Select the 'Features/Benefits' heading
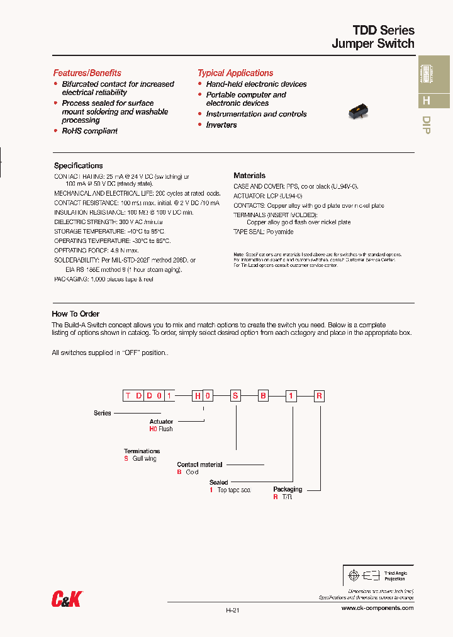click(x=87, y=73)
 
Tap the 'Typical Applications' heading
click(x=235, y=73)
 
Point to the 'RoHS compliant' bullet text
click(x=89, y=131)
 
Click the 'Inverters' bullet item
click(x=221, y=125)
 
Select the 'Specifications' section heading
click(x=78, y=166)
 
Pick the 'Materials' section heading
click(x=249, y=176)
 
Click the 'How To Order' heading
click(x=75, y=313)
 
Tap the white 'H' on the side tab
click(x=426, y=101)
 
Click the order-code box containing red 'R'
click(x=320, y=396)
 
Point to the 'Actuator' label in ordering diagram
click(x=161, y=422)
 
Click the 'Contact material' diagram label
click(x=199, y=465)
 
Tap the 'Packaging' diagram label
click(x=288, y=489)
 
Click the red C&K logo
click(x=66, y=600)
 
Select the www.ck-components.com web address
click(x=377, y=608)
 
